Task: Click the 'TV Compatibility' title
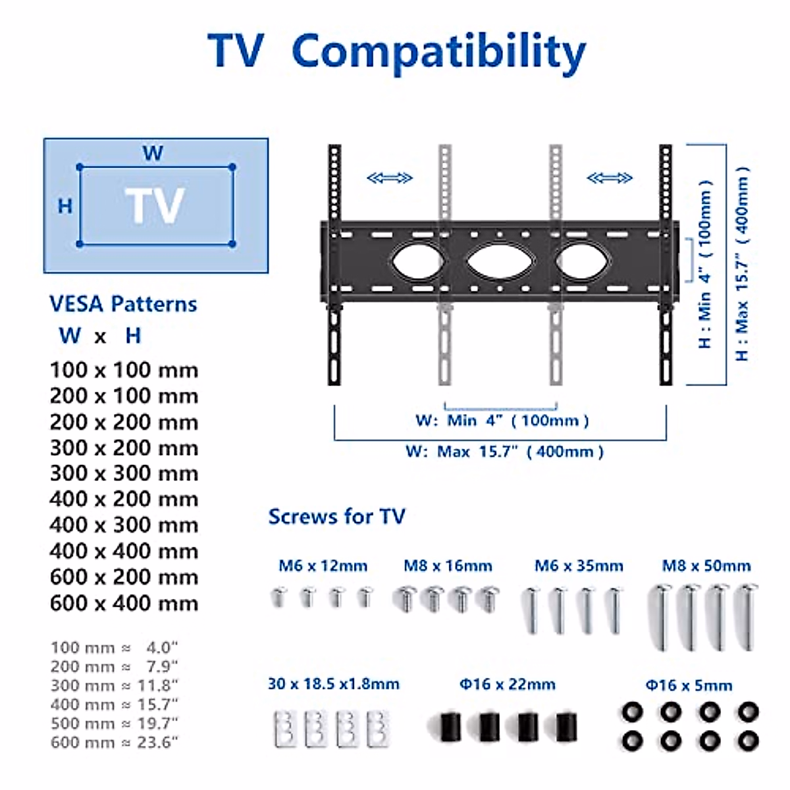396,51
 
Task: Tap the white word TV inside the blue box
155,205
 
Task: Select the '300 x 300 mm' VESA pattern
124,473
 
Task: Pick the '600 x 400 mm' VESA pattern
124,603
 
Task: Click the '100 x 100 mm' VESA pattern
124,370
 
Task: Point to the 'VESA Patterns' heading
123,304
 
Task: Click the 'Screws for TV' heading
336,517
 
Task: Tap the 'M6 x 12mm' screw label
323,566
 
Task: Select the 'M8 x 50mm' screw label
706,566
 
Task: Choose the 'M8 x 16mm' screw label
448,566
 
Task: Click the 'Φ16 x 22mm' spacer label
507,684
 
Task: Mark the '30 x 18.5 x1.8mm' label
333,684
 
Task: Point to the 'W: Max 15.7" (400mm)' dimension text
504,452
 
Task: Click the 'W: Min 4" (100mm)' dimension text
502,420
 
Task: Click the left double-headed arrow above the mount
390,178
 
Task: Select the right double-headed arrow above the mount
610,178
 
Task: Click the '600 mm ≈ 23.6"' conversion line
114,742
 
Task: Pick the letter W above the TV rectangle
153,153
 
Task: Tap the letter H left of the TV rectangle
65,206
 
